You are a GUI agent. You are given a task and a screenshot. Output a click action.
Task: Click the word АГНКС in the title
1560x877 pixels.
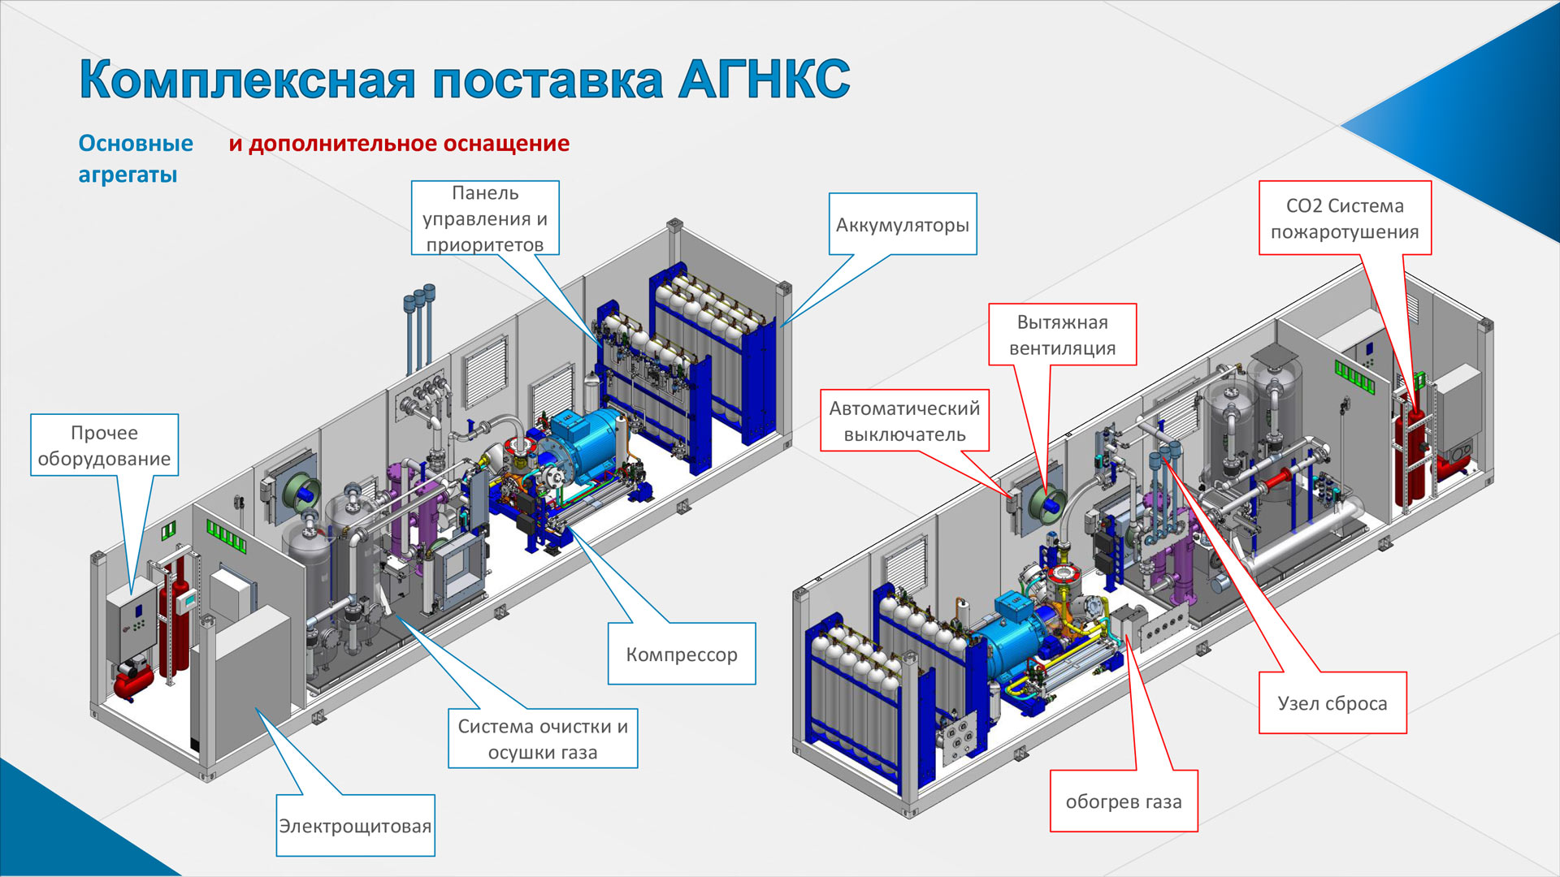764,80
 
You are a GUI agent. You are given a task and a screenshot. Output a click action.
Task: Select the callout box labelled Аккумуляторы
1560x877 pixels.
902,224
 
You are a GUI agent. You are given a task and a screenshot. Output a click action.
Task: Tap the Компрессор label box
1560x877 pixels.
682,654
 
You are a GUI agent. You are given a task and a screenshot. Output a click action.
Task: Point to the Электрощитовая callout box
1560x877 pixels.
355,826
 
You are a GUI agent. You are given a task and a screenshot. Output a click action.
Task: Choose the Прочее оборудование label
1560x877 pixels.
104,445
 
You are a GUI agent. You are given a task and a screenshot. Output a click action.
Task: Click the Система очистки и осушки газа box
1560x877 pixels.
543,739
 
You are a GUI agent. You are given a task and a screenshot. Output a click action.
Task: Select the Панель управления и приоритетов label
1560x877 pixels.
485,218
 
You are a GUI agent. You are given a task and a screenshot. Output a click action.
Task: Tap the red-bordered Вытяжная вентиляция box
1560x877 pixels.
1062,335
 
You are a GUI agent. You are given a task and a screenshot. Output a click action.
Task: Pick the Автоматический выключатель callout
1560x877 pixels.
904,421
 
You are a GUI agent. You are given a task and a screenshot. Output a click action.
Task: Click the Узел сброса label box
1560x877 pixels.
1332,703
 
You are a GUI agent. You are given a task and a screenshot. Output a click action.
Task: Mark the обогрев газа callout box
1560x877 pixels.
1124,801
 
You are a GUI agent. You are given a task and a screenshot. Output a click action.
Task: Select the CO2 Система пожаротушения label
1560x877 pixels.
1345,218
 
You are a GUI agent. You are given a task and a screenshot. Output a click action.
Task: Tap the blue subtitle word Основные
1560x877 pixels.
136,144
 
